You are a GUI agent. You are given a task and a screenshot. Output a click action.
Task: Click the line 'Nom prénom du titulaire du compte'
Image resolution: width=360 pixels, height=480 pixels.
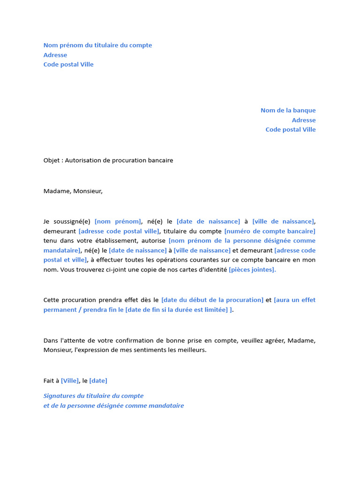[97, 45]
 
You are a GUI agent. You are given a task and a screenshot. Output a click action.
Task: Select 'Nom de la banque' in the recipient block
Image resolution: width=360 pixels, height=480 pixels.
[288, 111]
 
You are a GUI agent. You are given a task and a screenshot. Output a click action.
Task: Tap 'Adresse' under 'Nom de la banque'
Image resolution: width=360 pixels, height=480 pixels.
[304, 120]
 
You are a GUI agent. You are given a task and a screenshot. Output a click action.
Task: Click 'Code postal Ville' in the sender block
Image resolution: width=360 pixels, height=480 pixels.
[68, 65]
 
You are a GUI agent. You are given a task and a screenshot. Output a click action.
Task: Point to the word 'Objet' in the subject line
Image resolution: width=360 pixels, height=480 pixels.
[52, 160]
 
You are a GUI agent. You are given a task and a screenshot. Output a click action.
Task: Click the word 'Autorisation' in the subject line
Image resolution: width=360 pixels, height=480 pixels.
[82, 160]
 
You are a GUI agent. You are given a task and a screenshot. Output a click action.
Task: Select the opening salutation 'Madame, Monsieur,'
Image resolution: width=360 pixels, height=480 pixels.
[73, 191]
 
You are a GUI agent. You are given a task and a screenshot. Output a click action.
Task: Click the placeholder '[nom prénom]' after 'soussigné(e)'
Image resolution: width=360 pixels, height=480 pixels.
[118, 222]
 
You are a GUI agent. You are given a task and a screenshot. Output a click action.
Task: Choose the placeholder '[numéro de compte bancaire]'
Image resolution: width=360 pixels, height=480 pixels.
[270, 231]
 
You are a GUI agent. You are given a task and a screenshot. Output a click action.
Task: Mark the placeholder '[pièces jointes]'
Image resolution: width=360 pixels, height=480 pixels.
[252, 270]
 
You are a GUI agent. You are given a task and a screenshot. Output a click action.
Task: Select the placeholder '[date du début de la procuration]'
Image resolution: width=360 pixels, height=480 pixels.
[212, 300]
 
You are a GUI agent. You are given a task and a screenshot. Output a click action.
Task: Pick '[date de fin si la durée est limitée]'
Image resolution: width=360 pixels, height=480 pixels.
[177, 310]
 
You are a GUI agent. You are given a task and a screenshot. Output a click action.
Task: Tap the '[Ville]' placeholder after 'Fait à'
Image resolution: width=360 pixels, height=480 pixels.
[70, 381]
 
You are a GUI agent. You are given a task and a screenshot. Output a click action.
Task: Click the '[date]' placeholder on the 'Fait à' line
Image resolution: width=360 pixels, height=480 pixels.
[98, 381]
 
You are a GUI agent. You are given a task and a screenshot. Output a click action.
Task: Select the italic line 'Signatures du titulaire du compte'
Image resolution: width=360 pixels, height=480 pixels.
[93, 396]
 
